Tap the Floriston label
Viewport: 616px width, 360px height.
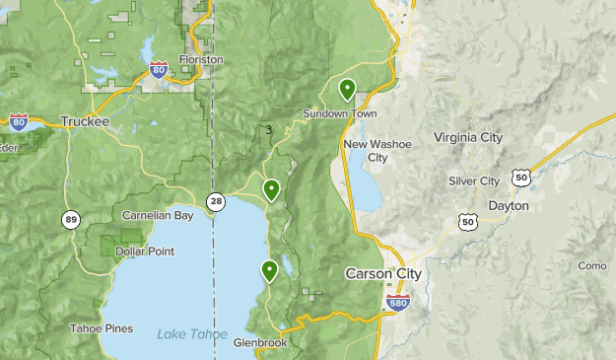(x=201, y=59)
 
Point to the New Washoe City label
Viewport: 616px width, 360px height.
(x=377, y=151)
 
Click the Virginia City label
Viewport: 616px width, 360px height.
(x=468, y=137)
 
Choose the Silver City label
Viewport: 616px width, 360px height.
(x=474, y=181)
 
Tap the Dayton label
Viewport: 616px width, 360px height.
(x=509, y=205)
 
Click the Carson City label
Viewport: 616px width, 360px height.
(x=383, y=273)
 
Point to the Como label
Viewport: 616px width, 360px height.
(x=591, y=265)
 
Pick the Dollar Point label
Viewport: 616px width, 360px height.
(x=145, y=252)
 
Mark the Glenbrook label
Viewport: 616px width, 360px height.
(x=260, y=343)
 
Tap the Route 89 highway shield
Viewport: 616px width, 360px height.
(x=70, y=219)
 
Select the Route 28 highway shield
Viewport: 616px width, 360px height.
(x=216, y=201)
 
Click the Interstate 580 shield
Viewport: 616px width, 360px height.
(x=398, y=303)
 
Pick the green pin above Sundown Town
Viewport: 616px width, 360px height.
(x=347, y=89)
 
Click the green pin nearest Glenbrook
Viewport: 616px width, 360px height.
(x=269, y=270)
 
